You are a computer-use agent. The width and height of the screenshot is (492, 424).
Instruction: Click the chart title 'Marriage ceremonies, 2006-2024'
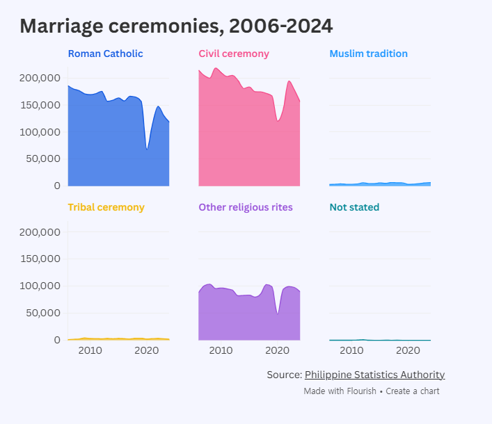(176, 26)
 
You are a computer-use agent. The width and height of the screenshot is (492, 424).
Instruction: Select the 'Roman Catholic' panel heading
(106, 54)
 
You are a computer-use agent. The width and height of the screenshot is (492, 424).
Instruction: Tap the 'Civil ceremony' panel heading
(234, 54)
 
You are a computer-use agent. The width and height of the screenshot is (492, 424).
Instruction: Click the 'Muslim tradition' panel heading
(368, 54)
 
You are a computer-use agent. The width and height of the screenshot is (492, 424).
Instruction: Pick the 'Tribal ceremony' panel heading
(106, 207)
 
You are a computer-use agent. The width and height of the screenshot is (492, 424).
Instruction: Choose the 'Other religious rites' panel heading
(246, 207)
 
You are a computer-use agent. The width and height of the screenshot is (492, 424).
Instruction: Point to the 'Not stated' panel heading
(354, 207)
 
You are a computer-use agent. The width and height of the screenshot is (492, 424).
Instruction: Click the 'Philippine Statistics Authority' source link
(374, 375)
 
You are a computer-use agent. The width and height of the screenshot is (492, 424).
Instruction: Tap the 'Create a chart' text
(412, 391)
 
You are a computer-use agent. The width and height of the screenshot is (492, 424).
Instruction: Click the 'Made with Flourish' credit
(340, 391)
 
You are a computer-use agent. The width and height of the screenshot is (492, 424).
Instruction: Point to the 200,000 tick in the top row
(40, 78)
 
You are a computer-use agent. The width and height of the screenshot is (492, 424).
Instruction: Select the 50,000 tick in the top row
(43, 159)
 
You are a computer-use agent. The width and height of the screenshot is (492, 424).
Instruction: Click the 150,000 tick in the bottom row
(40, 259)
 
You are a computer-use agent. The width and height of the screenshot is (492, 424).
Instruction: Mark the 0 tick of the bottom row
(57, 340)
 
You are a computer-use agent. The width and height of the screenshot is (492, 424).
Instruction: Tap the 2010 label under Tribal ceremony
(90, 350)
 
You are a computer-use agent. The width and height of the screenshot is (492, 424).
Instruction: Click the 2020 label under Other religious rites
(277, 350)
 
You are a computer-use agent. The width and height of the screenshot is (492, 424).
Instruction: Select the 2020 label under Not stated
(408, 350)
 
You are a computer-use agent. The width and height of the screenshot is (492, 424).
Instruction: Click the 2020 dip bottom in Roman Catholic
(147, 149)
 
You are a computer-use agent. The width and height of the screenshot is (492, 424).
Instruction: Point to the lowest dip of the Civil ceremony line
(278, 121)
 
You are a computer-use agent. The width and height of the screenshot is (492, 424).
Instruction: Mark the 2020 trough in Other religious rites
(278, 313)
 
